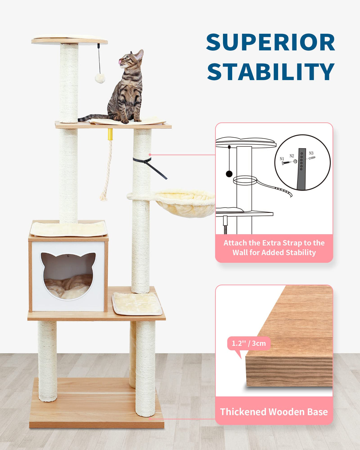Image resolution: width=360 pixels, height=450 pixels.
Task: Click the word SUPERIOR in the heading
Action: [x=270, y=43]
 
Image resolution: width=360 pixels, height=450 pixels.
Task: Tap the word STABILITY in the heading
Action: [x=270, y=72]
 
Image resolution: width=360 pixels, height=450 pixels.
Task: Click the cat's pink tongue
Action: [x=120, y=62]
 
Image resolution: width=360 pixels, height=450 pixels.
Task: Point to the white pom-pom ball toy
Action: [x=100, y=78]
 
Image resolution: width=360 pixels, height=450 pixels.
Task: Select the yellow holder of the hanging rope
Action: [x=110, y=134]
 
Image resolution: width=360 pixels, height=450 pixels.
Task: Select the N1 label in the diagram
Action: [x=282, y=159]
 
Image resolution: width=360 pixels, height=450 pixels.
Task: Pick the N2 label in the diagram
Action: [x=292, y=156]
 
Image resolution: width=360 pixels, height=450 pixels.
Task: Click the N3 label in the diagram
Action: [x=311, y=153]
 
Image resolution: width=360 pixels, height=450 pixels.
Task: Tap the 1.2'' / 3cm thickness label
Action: [x=249, y=343]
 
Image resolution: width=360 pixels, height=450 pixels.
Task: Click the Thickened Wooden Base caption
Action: [x=274, y=412]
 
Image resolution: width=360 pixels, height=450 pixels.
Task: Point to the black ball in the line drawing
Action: [x=229, y=174]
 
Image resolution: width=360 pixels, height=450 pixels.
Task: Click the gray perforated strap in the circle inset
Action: [x=302, y=169]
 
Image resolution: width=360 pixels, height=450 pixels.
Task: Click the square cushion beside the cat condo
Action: [x=137, y=304]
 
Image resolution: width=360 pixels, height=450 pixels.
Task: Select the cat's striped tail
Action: [x=92, y=117]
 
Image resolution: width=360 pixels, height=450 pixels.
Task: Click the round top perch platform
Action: [x=69, y=40]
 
